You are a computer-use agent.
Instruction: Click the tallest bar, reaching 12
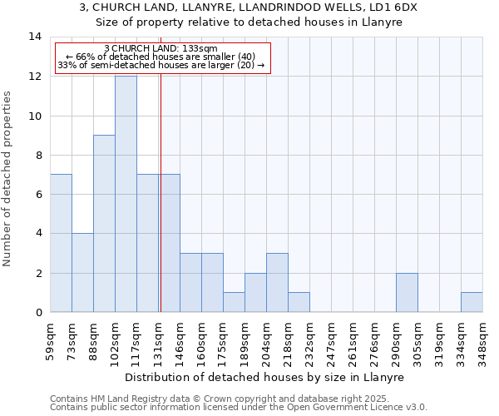[126, 194]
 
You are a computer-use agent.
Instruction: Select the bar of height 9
[104, 223]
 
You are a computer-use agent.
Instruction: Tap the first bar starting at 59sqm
[61, 243]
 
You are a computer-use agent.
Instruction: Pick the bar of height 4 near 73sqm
[82, 272]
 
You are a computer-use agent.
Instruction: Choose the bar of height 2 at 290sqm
[407, 292]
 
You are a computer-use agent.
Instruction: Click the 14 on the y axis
[35, 37]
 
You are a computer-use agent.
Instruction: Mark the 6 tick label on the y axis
[38, 194]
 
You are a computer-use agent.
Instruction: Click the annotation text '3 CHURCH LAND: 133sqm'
[161, 48]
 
